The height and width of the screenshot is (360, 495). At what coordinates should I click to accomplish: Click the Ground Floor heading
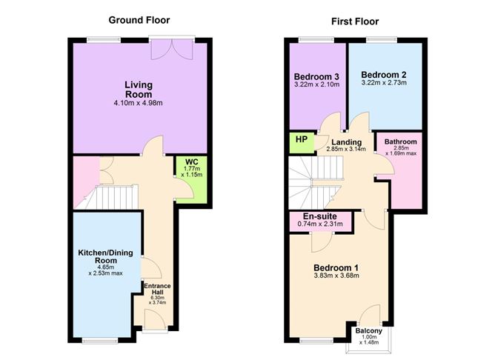[139, 19]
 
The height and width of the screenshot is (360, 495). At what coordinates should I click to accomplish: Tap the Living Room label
[139, 89]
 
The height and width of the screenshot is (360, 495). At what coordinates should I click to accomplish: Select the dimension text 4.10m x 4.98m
[139, 104]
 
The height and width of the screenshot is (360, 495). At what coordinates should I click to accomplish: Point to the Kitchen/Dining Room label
[106, 257]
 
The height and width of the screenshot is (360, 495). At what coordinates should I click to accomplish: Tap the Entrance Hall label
[156, 289]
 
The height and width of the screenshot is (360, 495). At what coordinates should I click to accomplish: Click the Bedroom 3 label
[316, 77]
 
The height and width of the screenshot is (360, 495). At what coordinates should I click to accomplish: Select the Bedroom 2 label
[384, 74]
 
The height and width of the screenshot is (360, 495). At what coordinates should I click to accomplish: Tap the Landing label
[347, 142]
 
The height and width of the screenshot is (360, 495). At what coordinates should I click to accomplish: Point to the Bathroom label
[400, 142]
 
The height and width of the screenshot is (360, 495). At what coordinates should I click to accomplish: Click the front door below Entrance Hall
[156, 319]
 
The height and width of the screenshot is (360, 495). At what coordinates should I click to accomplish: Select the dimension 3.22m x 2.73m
[384, 83]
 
